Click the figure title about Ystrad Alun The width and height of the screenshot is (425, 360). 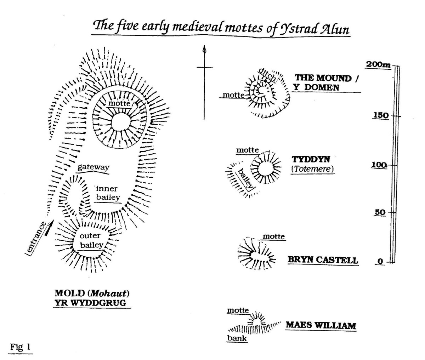click(x=221, y=27)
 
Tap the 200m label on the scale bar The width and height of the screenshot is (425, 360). click(x=378, y=64)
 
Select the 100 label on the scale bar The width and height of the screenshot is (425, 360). click(x=379, y=165)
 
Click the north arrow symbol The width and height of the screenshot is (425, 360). click(x=204, y=83)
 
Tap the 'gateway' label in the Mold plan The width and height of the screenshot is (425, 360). click(x=93, y=167)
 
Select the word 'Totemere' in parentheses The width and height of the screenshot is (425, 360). click(x=312, y=169)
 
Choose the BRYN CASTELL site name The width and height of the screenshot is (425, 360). click(x=323, y=260)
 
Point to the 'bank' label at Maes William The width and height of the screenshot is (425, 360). click(x=237, y=338)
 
